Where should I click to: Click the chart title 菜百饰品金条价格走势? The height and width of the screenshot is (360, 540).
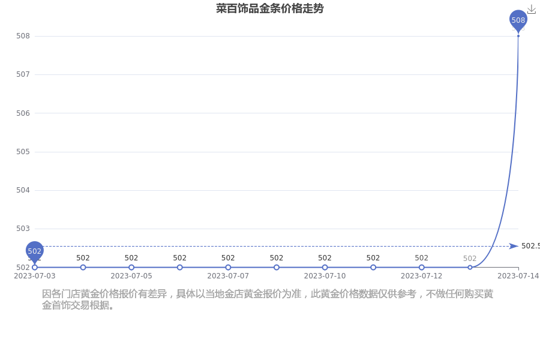click(x=269, y=8)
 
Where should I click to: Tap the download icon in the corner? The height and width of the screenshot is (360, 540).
click(x=532, y=10)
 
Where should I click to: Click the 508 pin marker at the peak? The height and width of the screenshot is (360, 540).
click(x=518, y=20)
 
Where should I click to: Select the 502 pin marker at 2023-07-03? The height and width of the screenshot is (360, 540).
click(x=34, y=252)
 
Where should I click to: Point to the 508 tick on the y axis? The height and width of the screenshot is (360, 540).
click(x=23, y=36)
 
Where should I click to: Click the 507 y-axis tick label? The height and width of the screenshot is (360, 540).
click(x=23, y=74)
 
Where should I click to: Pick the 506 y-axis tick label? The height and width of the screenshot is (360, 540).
click(x=23, y=113)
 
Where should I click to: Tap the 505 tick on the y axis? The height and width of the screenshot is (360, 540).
click(x=23, y=152)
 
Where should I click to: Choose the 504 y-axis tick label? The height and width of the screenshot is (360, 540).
click(x=23, y=190)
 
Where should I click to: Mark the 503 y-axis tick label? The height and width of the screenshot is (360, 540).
click(x=23, y=229)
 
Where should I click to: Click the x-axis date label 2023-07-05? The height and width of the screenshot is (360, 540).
click(x=131, y=276)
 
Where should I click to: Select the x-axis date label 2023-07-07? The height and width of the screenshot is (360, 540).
click(x=228, y=276)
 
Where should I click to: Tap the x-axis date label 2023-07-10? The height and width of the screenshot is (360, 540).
click(x=325, y=276)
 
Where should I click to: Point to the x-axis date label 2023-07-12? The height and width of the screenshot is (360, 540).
click(x=422, y=276)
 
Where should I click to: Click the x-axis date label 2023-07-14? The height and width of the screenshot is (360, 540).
click(x=518, y=276)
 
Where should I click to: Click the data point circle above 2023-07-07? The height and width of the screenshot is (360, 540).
click(x=228, y=268)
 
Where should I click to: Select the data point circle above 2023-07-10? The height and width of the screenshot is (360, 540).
click(x=325, y=268)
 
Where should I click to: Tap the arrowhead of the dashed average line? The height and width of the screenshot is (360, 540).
click(x=514, y=246)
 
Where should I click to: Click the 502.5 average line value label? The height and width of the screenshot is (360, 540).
click(x=530, y=246)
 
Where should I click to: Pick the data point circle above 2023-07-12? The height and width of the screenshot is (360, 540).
click(x=422, y=268)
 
